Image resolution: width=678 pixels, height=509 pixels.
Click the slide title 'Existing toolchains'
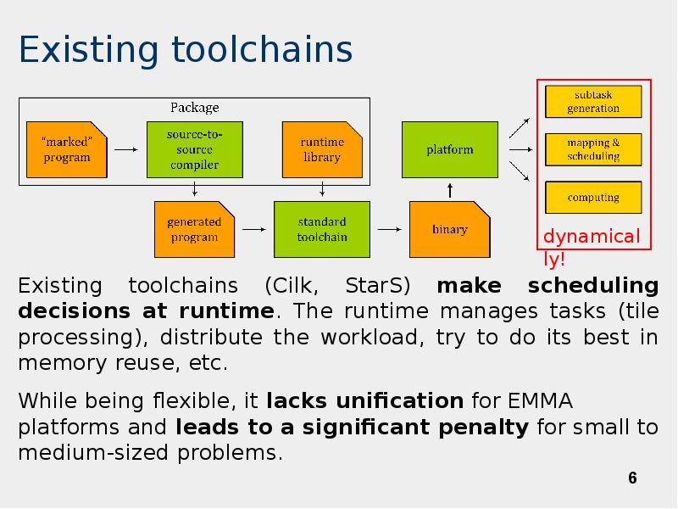pyautogui.click(x=185, y=50)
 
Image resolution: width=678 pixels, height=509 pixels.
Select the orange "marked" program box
pyautogui.click(x=67, y=149)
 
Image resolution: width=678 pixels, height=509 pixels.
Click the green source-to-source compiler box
pyautogui.click(x=194, y=149)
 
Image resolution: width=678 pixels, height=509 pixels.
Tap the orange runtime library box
pyautogui.click(x=322, y=149)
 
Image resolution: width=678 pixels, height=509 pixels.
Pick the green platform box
pyautogui.click(x=449, y=149)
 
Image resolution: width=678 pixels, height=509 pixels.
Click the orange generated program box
pyautogui.click(x=194, y=229)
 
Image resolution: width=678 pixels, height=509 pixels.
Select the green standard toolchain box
pyautogui.click(x=321, y=229)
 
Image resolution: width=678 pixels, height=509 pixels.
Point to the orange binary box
pyautogui.click(x=449, y=229)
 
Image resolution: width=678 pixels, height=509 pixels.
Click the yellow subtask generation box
pyautogui.click(x=593, y=102)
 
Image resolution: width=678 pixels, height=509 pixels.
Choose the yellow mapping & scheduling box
pyautogui.click(x=593, y=149)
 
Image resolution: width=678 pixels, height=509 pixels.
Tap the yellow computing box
pyautogui.click(x=593, y=197)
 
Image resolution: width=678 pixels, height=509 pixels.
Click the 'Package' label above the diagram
pyautogui.click(x=194, y=108)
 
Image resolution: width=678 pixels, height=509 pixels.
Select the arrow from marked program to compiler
pyautogui.click(x=126, y=150)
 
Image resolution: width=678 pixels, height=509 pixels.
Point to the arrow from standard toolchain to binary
pyautogui.click(x=388, y=228)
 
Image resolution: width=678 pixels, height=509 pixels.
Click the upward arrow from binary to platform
pyautogui.click(x=450, y=190)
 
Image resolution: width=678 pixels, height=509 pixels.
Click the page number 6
pyautogui.click(x=632, y=479)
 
